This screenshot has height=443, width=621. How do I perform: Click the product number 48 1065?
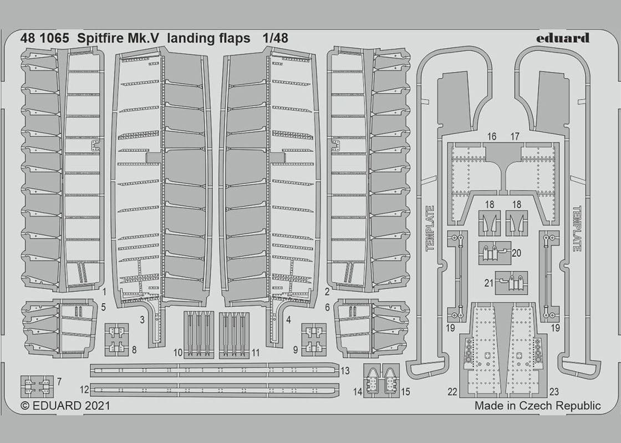click(44, 39)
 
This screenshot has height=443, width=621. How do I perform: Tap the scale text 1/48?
click(276, 39)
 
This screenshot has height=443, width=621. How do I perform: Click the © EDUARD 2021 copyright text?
click(65, 405)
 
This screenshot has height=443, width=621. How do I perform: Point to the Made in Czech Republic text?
click(537, 405)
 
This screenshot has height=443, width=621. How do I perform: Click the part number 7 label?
click(59, 382)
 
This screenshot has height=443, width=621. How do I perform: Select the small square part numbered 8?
click(116, 339)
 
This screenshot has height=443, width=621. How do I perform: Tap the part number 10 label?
click(177, 352)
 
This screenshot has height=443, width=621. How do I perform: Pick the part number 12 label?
click(84, 390)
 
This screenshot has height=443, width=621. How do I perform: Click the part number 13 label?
click(345, 370)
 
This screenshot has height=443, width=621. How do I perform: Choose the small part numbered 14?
click(374, 379)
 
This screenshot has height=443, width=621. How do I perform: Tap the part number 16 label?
click(492, 136)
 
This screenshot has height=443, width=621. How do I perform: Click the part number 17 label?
click(515, 136)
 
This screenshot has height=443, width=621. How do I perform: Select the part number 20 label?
click(517, 253)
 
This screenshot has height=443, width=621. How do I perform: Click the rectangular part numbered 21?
click(511, 282)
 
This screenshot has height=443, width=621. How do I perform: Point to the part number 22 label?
click(452, 392)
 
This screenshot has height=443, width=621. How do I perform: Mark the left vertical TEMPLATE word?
click(430, 228)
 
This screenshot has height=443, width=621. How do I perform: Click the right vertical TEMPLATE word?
click(577, 228)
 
